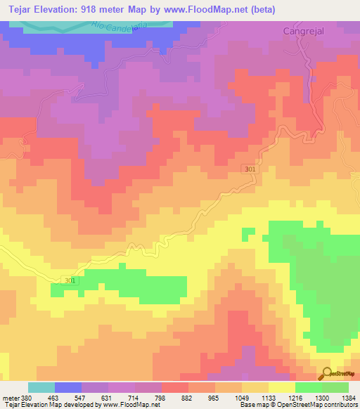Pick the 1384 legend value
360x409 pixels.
tap(348, 398)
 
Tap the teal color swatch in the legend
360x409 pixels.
tap(41, 387)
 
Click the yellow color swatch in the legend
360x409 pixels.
tap(281, 387)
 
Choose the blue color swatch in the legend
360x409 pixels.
tap(68, 387)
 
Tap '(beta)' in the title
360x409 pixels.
tap(261, 10)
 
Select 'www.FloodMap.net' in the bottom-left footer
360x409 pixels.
tap(130, 405)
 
